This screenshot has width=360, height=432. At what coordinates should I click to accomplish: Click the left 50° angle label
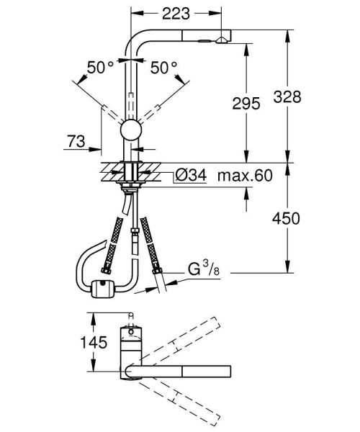click(102, 68)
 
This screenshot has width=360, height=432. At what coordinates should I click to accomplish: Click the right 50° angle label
click(164, 68)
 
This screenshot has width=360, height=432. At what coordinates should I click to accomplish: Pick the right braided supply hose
click(152, 245)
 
